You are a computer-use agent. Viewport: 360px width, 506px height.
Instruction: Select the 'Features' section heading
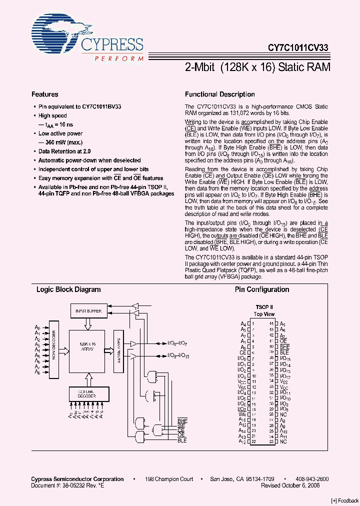click(x=44, y=94)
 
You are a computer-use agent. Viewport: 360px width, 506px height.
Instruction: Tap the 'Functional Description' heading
click(x=219, y=94)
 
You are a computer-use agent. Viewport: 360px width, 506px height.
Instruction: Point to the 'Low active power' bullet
click(x=60, y=133)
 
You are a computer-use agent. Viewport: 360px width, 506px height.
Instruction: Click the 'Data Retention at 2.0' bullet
click(x=64, y=151)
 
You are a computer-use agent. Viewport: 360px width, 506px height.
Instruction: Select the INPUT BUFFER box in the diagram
click(x=88, y=311)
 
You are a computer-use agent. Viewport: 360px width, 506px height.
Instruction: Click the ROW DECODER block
click(x=54, y=351)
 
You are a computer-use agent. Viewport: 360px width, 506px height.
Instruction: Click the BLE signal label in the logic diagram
click(x=181, y=440)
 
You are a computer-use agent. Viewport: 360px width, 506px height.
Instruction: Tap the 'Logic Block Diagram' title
click(x=68, y=289)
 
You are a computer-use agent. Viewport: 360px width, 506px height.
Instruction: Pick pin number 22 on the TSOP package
click(x=253, y=441)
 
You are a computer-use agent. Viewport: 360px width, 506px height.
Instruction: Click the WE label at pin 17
click(x=242, y=414)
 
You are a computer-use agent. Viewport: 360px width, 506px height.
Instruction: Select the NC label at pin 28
click(x=283, y=414)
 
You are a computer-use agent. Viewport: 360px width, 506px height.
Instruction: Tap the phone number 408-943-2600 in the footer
click(x=312, y=479)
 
